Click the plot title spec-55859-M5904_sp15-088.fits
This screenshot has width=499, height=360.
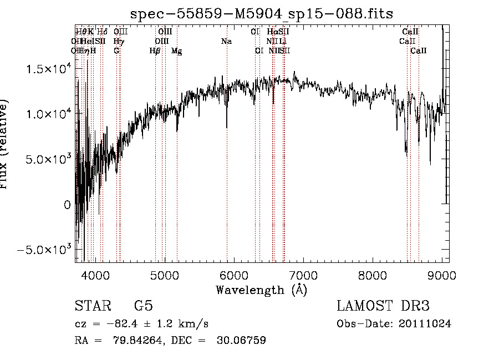(261, 13)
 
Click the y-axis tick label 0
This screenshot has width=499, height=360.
(68, 205)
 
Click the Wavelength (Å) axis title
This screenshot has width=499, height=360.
(261, 290)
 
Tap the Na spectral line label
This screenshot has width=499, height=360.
(226, 41)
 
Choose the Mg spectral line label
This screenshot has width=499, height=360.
(177, 51)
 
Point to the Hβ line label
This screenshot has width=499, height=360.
(155, 51)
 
